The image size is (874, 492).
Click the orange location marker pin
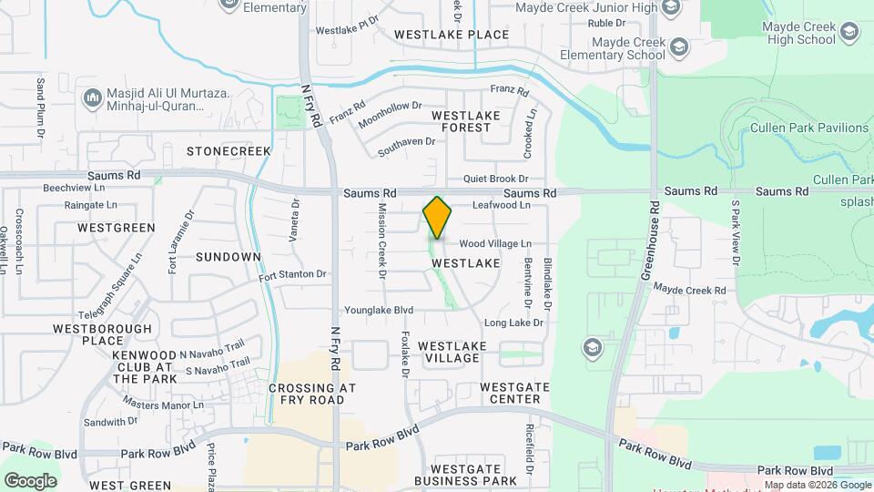[x=437, y=218]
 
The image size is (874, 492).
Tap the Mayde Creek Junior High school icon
[x=671, y=9]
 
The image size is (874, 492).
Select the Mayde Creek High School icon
[x=849, y=34]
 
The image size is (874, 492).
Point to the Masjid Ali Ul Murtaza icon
[x=92, y=97]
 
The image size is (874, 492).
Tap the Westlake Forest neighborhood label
[x=466, y=122]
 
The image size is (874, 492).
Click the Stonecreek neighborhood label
[x=229, y=149]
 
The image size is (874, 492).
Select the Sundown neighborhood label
[x=229, y=257]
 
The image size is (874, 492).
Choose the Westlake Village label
[x=452, y=352]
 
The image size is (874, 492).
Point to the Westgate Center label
[x=514, y=393]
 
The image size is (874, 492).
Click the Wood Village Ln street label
[x=494, y=244]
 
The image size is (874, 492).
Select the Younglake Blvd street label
[x=379, y=310]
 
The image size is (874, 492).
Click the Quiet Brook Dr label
[x=495, y=179]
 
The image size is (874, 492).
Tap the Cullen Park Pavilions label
[x=808, y=128]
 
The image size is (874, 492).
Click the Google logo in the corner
[x=30, y=480]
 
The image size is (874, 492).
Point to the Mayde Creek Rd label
[x=690, y=291]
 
